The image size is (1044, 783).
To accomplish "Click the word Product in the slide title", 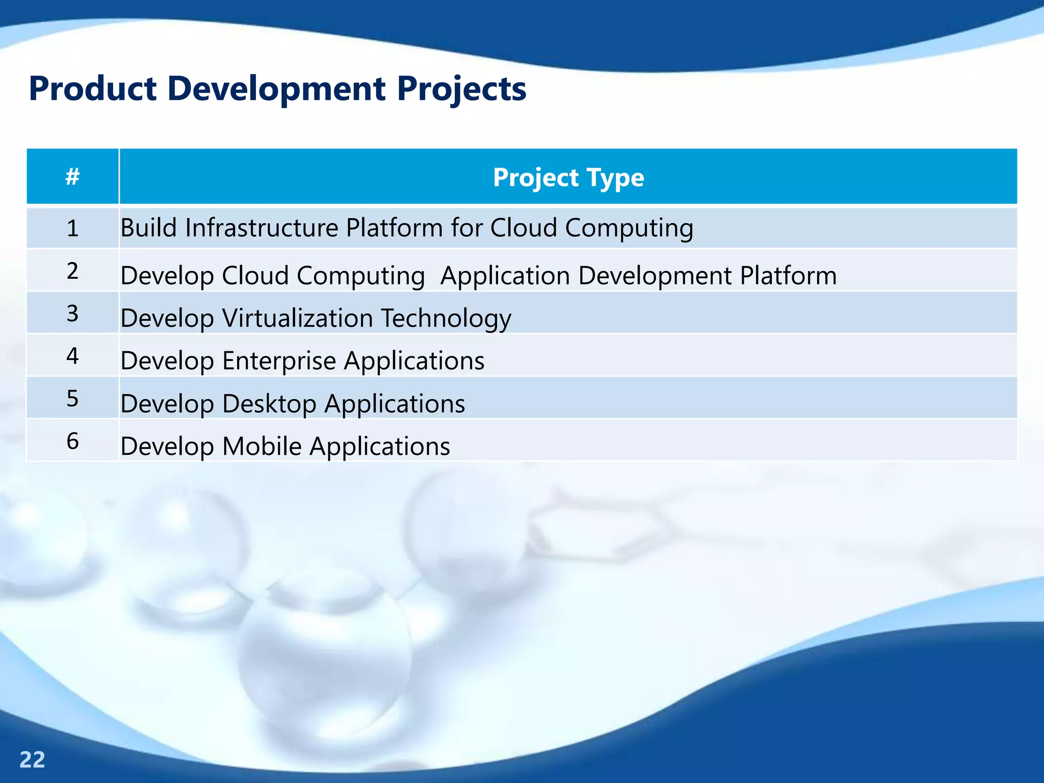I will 92,89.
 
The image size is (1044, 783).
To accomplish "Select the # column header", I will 73,177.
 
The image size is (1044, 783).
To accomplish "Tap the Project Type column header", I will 568,177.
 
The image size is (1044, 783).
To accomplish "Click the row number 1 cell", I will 73,228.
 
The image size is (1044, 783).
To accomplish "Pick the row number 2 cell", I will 73,271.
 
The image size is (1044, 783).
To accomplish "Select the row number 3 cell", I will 73,313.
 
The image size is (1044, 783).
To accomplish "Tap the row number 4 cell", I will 73,355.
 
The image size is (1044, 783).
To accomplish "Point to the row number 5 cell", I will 73,398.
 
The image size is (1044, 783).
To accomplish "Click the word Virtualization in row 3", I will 298,318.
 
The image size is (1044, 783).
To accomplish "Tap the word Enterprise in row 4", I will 279,361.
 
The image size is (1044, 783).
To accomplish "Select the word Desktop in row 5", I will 269,404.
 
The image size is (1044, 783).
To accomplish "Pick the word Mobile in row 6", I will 262,446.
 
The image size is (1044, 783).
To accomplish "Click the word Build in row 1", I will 148,227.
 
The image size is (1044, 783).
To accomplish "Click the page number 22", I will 32,760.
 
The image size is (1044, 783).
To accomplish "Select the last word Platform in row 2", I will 788,276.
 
